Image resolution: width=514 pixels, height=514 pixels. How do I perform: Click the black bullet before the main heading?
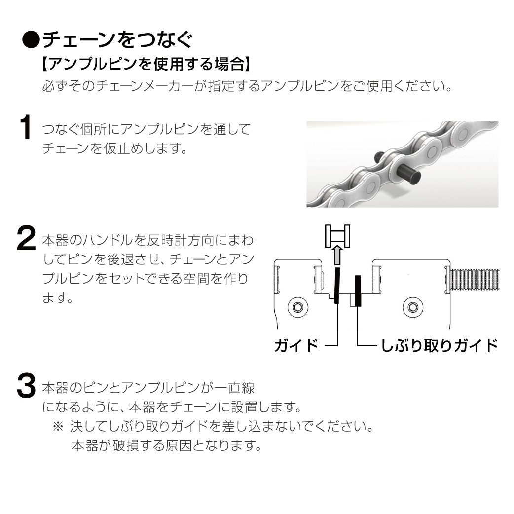pos(31,40)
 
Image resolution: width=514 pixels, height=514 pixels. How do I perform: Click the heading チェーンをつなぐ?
pos(117,40)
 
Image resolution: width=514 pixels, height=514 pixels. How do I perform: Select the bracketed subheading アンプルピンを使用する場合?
pos(147,64)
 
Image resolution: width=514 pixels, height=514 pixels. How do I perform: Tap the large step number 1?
pos(25,127)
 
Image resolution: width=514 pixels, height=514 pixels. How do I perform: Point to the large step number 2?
pos(26,238)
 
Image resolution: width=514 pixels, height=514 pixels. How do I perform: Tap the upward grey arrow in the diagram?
pos(337,256)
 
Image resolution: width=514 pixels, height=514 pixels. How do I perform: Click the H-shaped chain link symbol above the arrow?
pos(337,236)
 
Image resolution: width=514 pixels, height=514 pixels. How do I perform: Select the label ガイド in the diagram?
pos(296,345)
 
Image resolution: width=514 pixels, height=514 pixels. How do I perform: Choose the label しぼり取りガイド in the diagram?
pos(439,345)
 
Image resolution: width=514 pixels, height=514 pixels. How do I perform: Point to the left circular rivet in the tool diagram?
pos(297,307)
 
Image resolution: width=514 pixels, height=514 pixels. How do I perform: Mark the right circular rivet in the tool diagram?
pos(413,307)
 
